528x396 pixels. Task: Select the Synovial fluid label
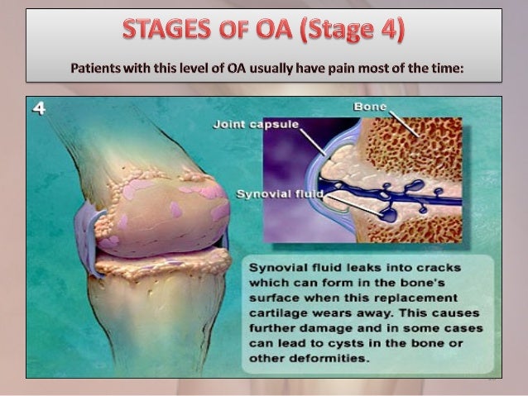(x=278, y=195)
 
